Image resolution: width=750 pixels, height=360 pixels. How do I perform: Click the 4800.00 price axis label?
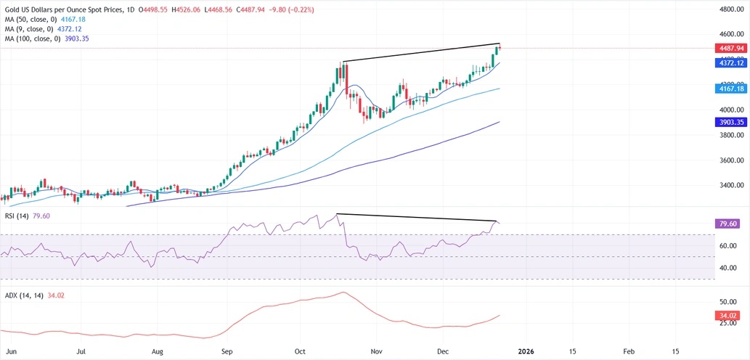(x=729, y=9)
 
